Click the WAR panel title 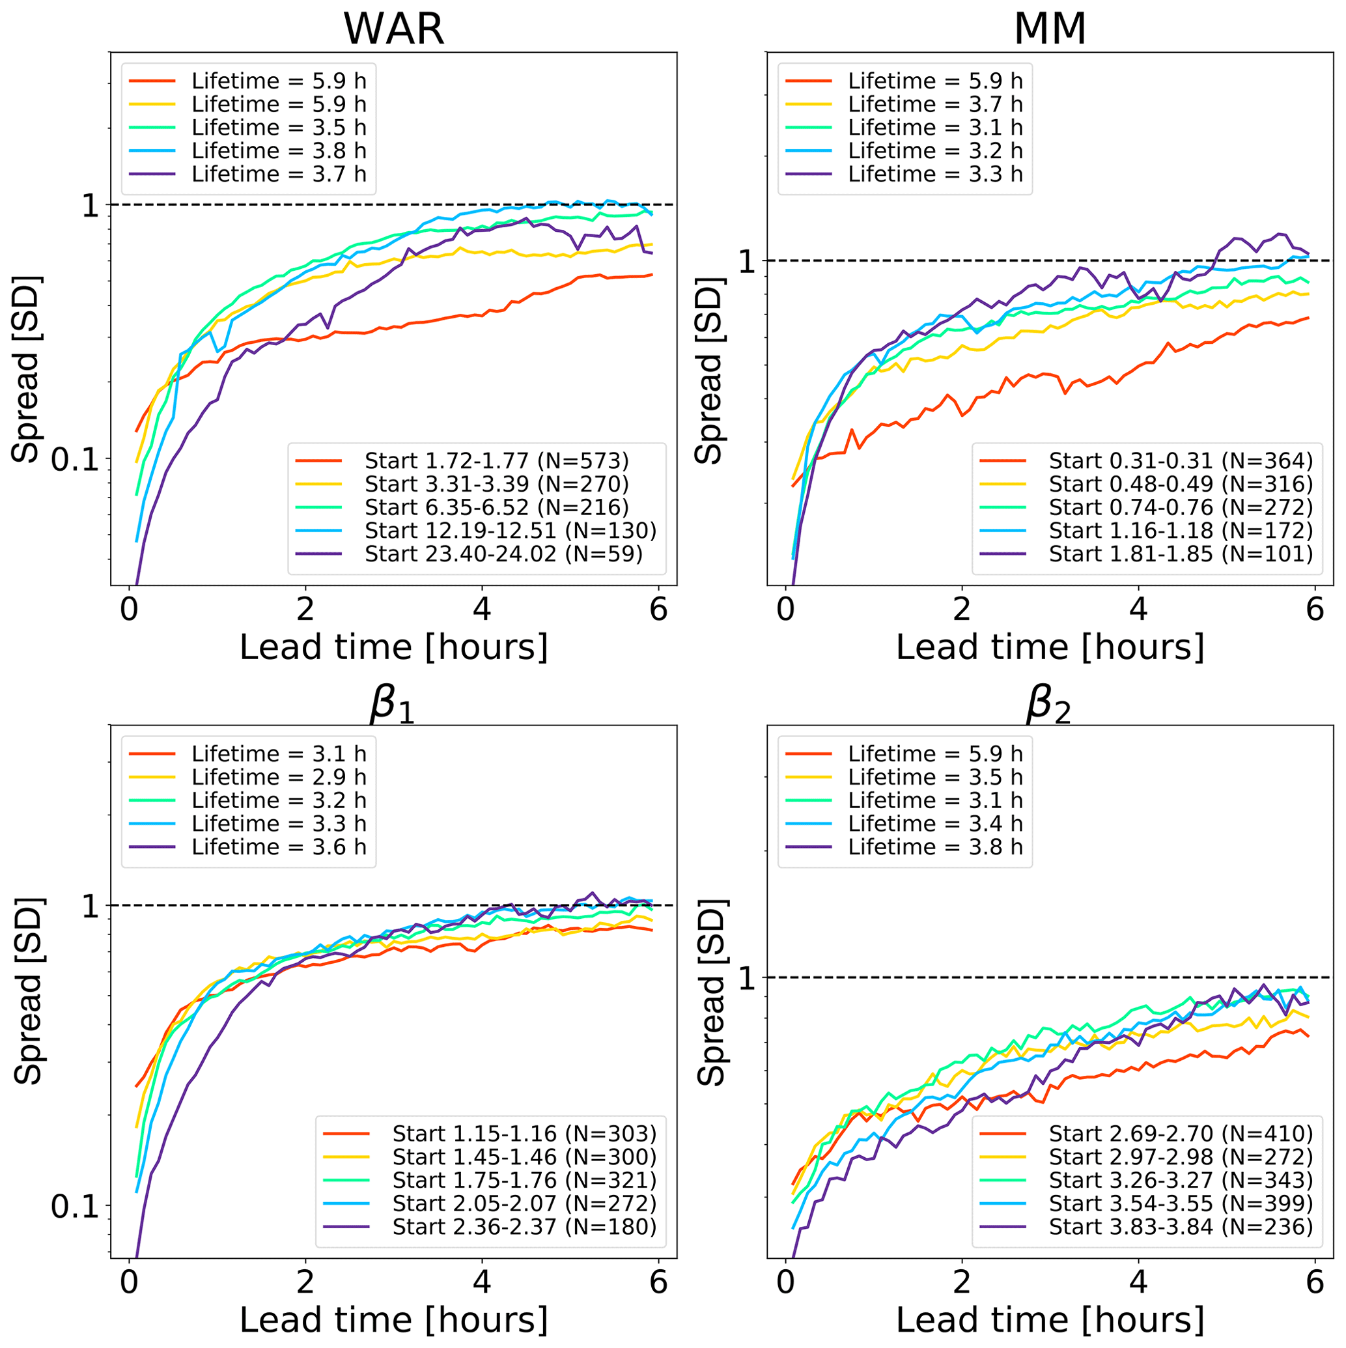[393, 29]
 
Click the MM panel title [1050, 29]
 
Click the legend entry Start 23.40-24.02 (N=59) [503, 554]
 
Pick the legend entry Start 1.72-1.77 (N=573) [496, 461]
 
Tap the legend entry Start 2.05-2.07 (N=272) [524, 1203]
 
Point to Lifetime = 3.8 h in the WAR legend [279, 150]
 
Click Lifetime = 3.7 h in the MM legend [935, 105]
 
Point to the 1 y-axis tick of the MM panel [747, 262]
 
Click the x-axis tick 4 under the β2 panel [1138, 1282]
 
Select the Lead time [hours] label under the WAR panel [393, 647]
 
